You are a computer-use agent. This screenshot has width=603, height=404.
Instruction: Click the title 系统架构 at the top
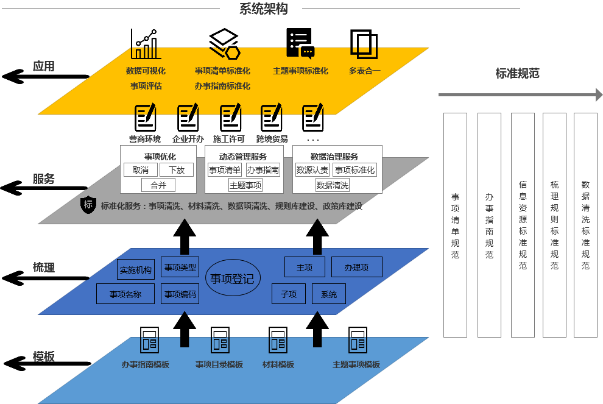[263, 9]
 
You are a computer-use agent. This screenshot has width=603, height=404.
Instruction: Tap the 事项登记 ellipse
[233, 279]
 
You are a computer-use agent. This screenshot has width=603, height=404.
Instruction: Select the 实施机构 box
[136, 270]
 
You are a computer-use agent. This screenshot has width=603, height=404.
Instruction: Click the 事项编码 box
[180, 294]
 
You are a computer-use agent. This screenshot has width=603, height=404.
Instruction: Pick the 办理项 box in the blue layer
[357, 267]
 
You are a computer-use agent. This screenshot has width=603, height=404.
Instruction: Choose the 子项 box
[289, 294]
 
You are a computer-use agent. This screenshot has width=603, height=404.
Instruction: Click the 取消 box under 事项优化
[141, 170]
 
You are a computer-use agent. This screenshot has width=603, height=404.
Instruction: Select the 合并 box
[158, 185]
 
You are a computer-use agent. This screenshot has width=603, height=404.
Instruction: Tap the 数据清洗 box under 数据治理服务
[333, 185]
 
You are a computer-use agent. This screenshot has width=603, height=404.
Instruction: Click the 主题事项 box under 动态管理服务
[245, 185]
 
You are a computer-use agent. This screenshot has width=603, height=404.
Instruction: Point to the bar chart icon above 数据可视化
[146, 44]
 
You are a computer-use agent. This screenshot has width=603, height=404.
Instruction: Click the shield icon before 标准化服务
[88, 205]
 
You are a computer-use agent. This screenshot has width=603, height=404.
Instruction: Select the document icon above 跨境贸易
[271, 118]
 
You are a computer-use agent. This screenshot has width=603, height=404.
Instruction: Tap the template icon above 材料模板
[278, 340]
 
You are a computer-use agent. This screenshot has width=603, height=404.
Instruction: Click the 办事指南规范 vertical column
[489, 225]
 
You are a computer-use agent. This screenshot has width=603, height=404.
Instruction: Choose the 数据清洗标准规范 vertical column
[585, 225]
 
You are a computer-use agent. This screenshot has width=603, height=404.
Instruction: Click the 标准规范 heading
[517, 74]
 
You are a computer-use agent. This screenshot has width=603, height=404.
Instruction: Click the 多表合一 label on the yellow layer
[364, 71]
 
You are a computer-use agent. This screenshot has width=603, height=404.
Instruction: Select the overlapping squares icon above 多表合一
[364, 44]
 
